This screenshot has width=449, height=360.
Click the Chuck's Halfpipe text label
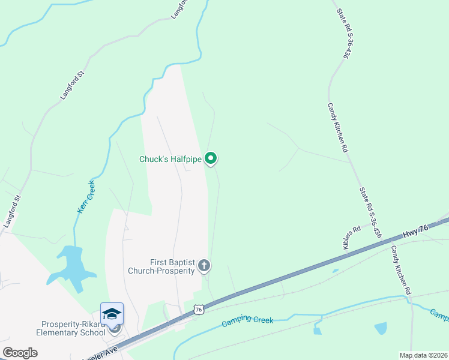click(170, 159)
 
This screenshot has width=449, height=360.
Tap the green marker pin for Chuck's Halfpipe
click(211, 158)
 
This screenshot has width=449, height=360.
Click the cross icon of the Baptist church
click(204, 265)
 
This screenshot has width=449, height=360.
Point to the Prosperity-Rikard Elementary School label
click(65, 328)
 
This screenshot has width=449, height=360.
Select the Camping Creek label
click(247, 320)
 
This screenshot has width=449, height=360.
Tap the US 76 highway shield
click(198, 308)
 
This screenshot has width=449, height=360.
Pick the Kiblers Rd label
click(351, 236)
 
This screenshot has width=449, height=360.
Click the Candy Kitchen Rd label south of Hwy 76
click(400, 270)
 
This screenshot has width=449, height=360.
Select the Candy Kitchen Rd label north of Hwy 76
click(337, 127)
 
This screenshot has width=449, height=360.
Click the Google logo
click(20, 353)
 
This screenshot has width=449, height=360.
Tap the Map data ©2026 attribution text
click(423, 355)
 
